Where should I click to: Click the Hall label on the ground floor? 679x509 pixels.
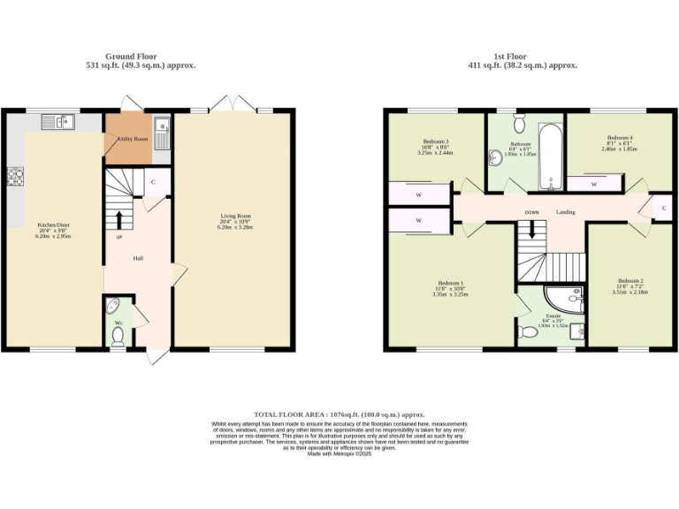pos(138,258)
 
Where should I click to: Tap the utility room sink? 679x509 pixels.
pos(162,133)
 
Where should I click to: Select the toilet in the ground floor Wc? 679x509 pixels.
pos(119,334)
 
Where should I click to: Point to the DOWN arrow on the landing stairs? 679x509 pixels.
pos(531,228)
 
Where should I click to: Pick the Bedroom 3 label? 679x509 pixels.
pos(436,142)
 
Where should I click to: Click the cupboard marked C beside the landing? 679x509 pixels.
pos(664,208)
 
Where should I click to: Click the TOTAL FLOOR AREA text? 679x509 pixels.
pos(339,414)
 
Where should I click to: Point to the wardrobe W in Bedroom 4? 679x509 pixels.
pos(593,184)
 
